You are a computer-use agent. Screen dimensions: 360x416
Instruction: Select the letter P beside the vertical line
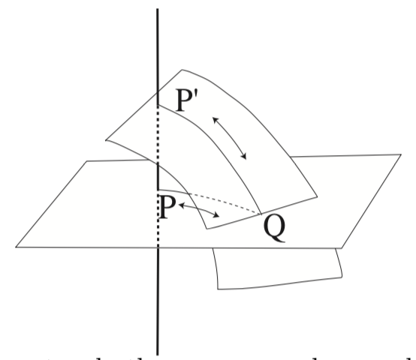tap(170, 205)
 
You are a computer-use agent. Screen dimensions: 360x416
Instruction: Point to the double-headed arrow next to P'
tap(231, 136)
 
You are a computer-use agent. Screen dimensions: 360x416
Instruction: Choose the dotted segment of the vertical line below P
tap(158, 232)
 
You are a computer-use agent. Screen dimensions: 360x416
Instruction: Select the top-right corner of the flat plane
tap(400, 154)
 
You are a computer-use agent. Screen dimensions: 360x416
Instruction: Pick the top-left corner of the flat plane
tap(87, 160)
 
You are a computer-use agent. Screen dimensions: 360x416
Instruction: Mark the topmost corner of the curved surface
tap(179, 70)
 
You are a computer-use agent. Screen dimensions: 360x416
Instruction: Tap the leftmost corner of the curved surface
tap(107, 139)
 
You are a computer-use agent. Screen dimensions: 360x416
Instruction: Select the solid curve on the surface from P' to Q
tap(225, 150)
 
